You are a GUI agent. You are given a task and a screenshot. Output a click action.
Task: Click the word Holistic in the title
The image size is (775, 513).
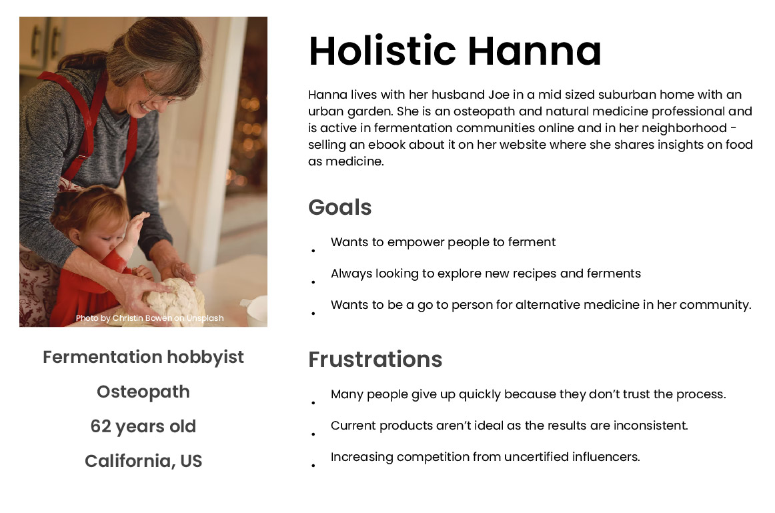(x=382, y=51)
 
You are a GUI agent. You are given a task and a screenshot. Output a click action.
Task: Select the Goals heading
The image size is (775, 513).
(x=339, y=207)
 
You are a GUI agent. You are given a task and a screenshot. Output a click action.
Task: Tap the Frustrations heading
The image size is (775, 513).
(x=375, y=360)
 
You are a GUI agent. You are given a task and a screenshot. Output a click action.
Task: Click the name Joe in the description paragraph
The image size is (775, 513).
(x=499, y=95)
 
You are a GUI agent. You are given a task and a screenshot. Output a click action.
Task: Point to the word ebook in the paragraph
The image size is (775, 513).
(x=383, y=144)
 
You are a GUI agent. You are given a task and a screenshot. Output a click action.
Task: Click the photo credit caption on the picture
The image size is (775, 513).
(x=150, y=318)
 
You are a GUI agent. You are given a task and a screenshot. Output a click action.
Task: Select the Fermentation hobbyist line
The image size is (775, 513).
(x=143, y=357)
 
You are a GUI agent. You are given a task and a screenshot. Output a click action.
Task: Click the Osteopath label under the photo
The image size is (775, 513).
(x=143, y=392)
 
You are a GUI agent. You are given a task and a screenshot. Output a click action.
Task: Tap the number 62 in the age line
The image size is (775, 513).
(x=100, y=426)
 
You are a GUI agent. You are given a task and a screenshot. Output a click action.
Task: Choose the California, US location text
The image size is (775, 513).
(x=143, y=460)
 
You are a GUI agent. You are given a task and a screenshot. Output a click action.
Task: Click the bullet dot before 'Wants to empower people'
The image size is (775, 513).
(x=313, y=251)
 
